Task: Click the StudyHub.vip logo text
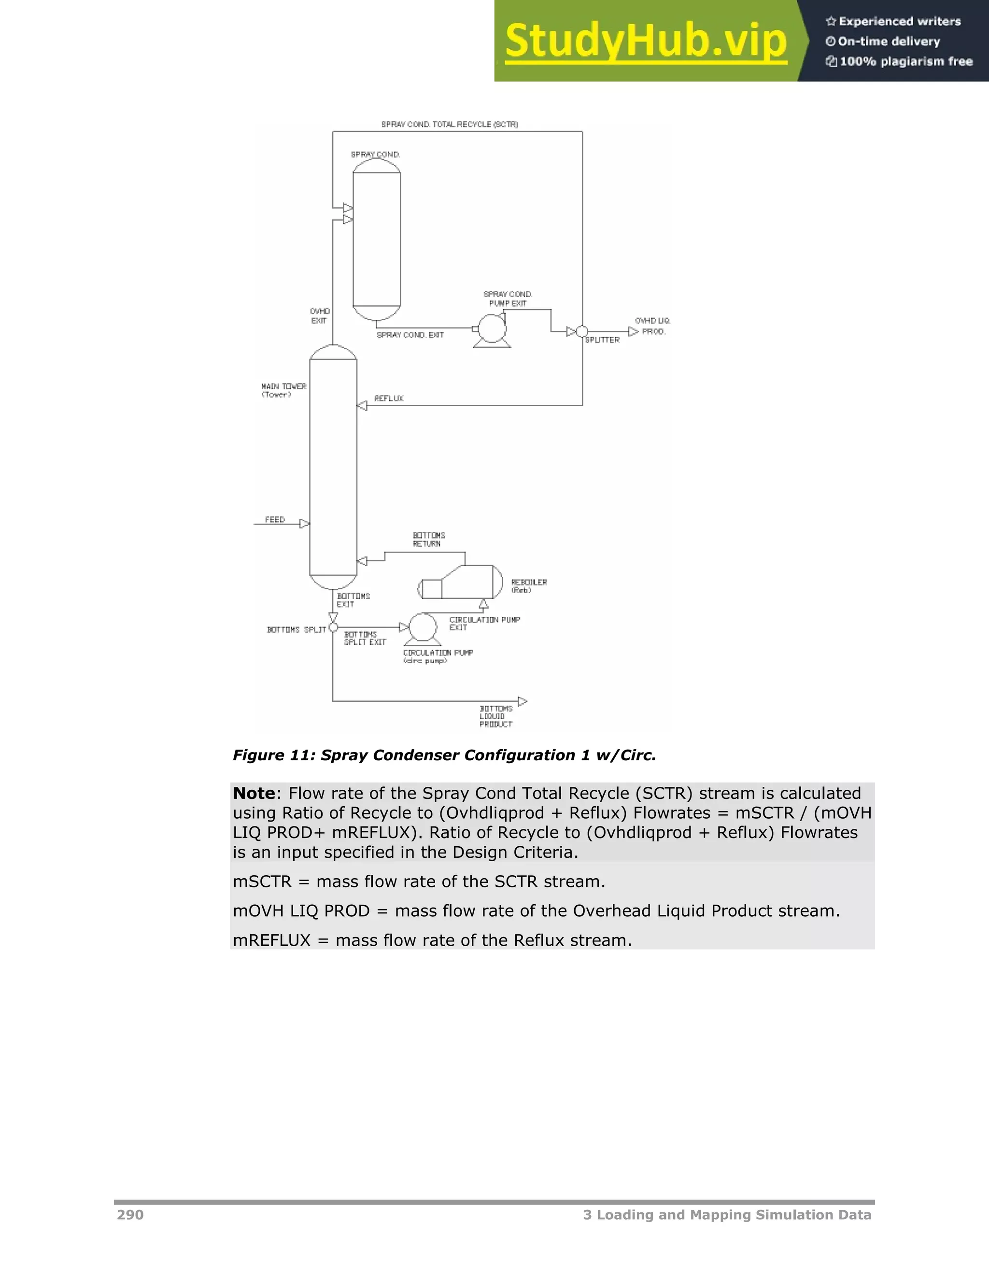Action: (x=645, y=41)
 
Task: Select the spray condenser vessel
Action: (x=377, y=239)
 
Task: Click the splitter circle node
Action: (x=582, y=332)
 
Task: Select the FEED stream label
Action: (x=275, y=519)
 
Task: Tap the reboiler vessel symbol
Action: (x=463, y=582)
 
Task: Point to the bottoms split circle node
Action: (x=333, y=628)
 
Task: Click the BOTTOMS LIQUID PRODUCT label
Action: (x=495, y=716)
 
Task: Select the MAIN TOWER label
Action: (x=283, y=390)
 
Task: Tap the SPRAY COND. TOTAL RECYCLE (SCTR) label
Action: (x=450, y=124)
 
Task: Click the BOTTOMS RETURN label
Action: (x=429, y=539)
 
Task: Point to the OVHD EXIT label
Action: (x=320, y=315)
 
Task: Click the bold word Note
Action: (x=254, y=794)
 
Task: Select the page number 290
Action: (x=130, y=1215)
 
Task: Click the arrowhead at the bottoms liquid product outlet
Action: (x=523, y=701)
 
